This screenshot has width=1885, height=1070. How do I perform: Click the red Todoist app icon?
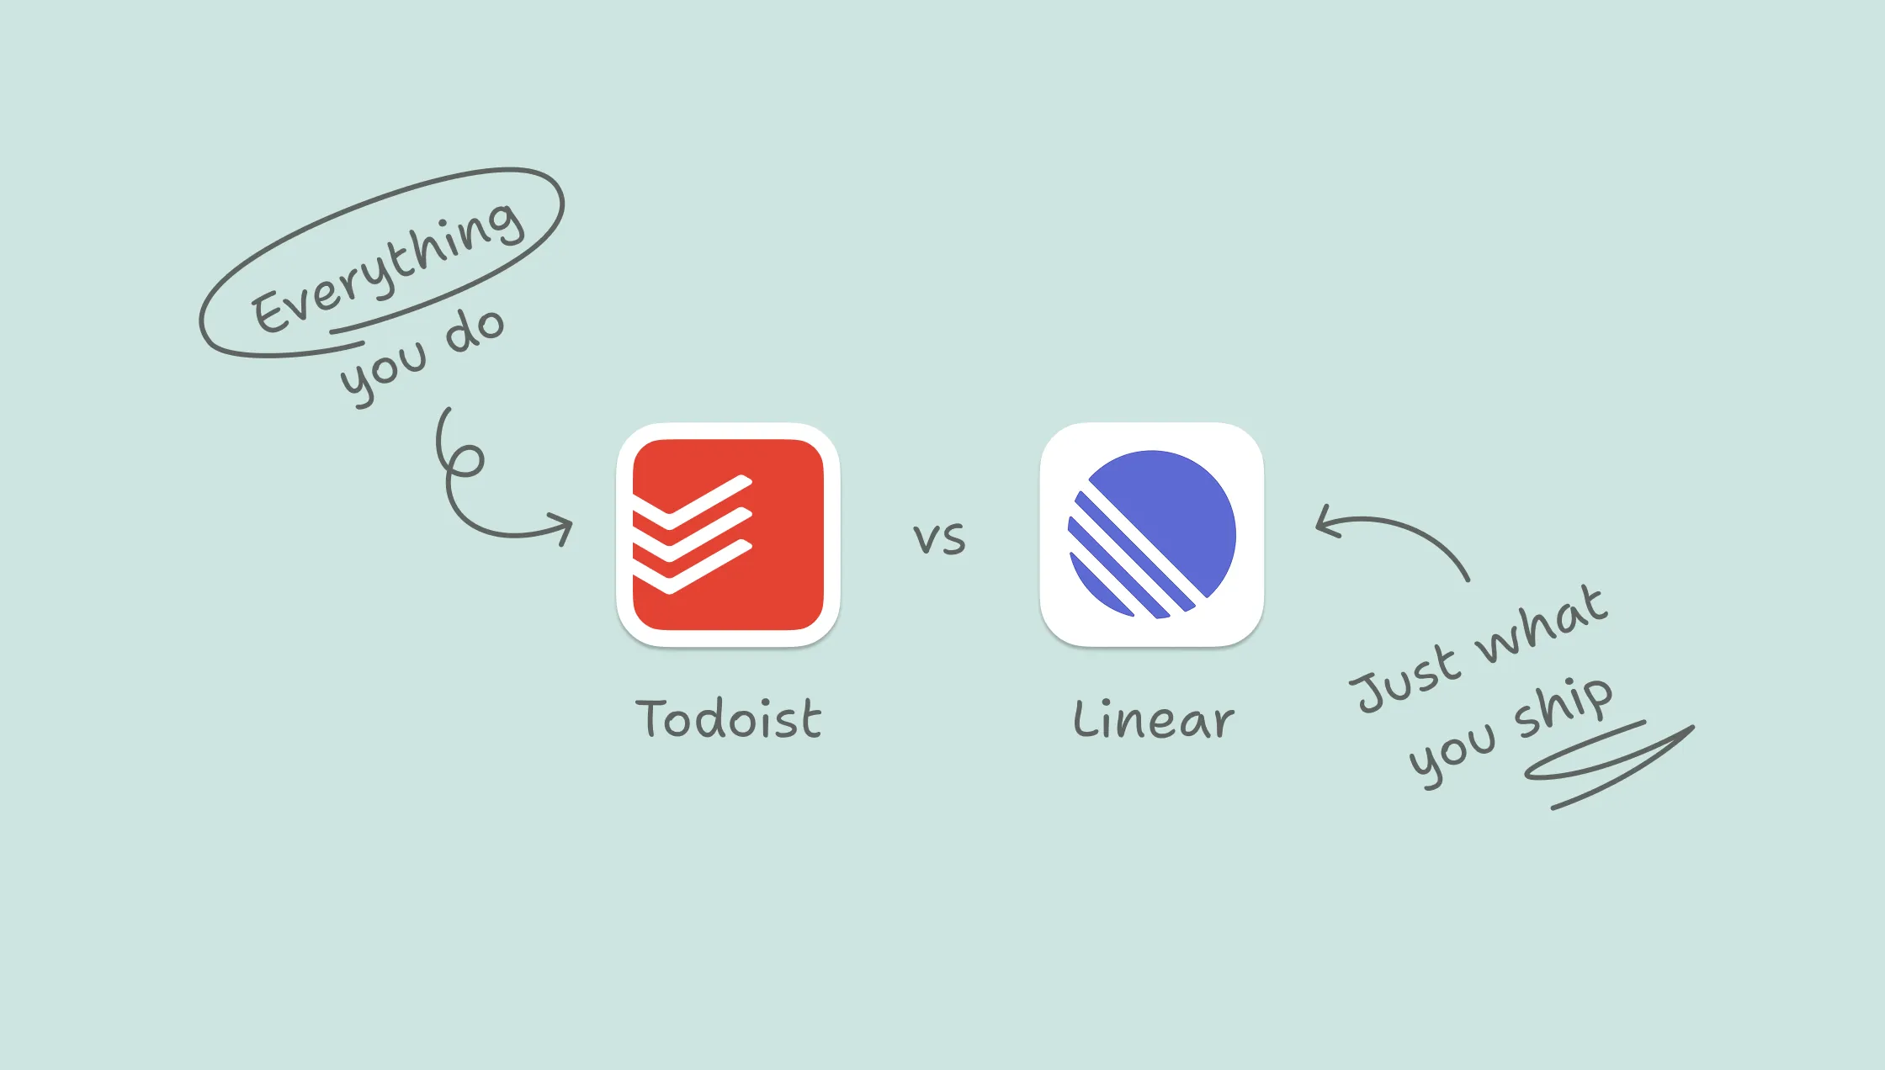pos(728,535)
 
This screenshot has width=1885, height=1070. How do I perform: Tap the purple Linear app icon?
pos(1152,535)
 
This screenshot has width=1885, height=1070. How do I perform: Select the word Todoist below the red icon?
pos(728,719)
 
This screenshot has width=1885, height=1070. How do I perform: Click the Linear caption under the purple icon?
pos(1154,719)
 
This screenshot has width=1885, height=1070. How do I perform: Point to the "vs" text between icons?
pos(940,538)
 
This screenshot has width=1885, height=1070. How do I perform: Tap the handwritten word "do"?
pos(475,330)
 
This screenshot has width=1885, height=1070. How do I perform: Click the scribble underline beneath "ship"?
pos(1609,765)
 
